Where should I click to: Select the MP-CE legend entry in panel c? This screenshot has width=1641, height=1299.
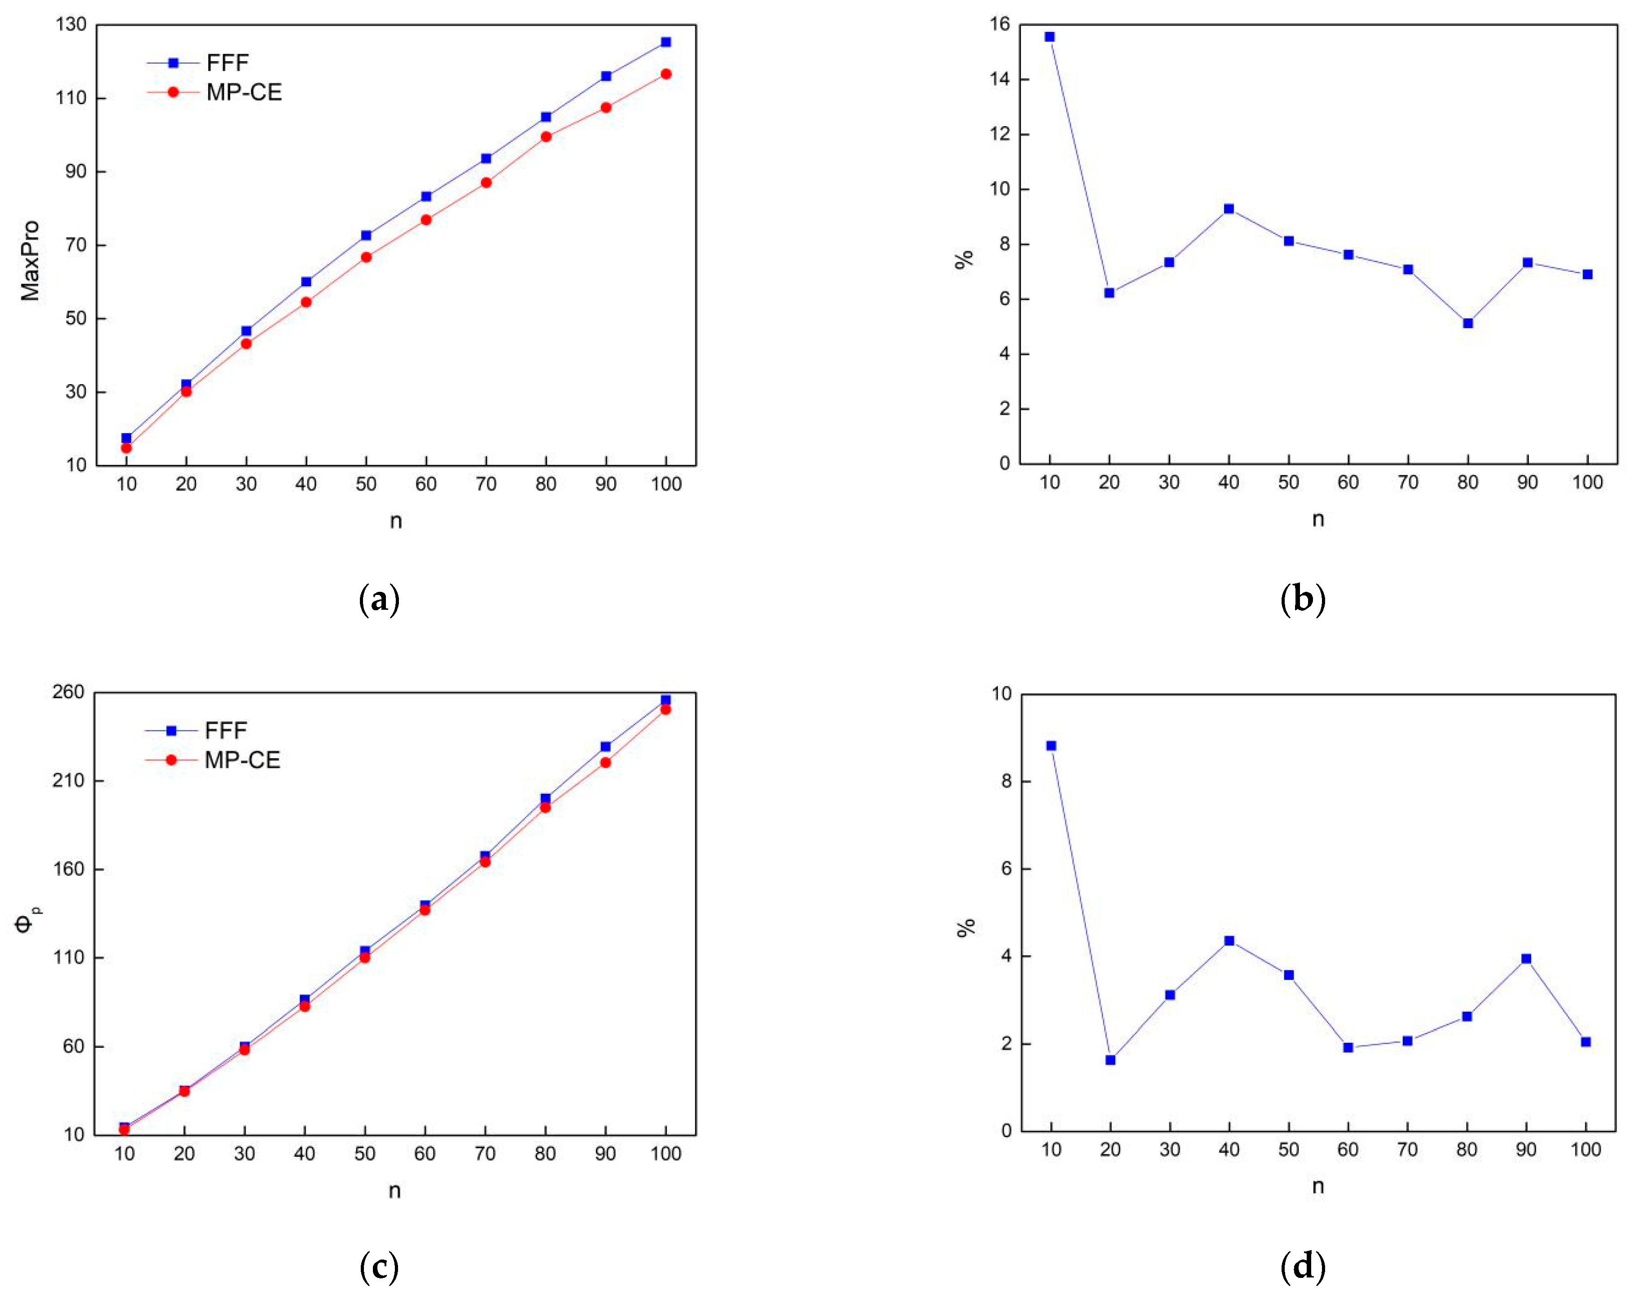click(x=242, y=760)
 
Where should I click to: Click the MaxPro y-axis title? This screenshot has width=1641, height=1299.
click(x=30, y=260)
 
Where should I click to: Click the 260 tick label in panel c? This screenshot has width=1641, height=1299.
click(x=69, y=692)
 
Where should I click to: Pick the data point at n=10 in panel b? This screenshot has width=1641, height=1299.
click(x=1050, y=36)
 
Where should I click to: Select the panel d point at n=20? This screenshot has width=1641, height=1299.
click(x=1110, y=1059)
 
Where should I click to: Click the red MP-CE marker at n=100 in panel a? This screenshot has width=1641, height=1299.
click(x=666, y=74)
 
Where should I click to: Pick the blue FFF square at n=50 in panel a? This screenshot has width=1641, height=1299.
click(x=366, y=235)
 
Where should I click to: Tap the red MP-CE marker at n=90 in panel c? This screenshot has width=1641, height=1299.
click(x=605, y=762)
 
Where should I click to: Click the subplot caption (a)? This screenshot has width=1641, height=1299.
click(x=379, y=600)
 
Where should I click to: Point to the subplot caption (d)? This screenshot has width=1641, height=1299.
click(x=1303, y=1267)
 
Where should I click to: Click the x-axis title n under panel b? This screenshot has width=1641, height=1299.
click(x=1318, y=520)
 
